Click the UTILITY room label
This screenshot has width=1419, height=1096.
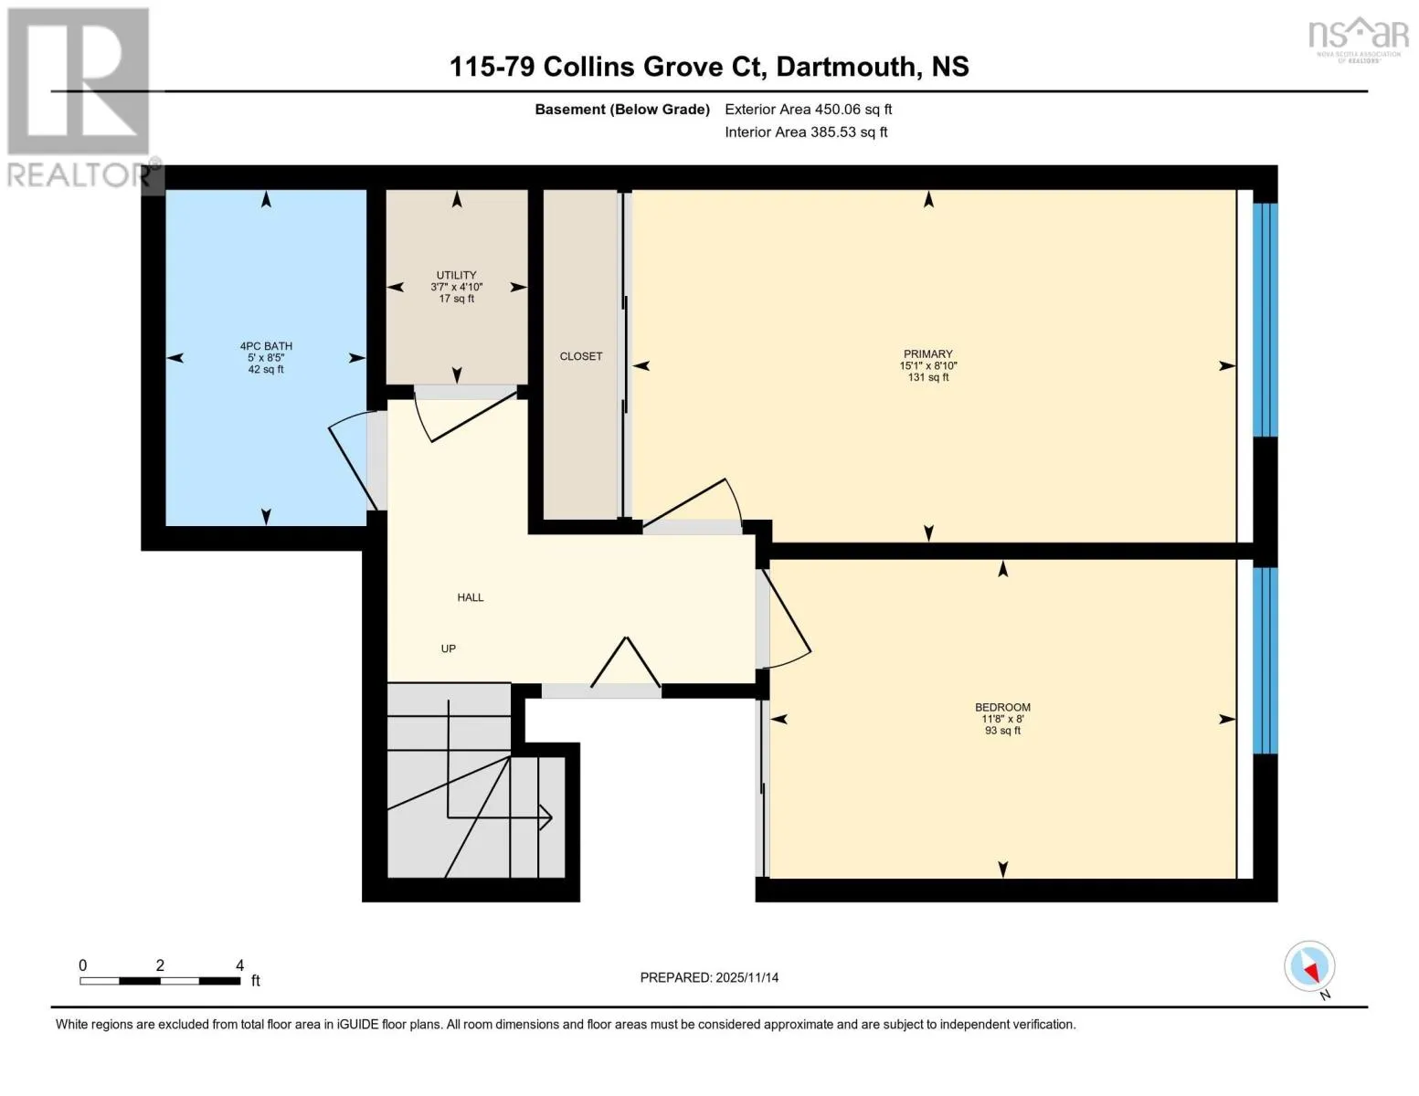(x=456, y=275)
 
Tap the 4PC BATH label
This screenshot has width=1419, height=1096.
(x=266, y=346)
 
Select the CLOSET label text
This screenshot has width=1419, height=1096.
(x=580, y=356)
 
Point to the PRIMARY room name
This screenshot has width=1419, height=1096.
(x=927, y=353)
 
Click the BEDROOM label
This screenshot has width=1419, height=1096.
(x=1002, y=707)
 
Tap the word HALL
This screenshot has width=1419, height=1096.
(x=471, y=597)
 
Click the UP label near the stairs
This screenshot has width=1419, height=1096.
(x=448, y=648)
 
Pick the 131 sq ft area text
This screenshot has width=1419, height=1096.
(x=927, y=377)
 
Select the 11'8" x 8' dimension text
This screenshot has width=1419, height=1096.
(x=1002, y=719)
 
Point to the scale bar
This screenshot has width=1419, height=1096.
(x=160, y=980)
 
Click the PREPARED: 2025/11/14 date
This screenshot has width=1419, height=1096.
(x=709, y=977)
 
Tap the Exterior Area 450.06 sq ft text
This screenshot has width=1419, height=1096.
(x=808, y=109)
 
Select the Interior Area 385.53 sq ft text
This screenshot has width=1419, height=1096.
(x=806, y=132)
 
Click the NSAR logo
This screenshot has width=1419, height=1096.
(x=1358, y=40)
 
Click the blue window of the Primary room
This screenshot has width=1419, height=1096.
(x=1265, y=319)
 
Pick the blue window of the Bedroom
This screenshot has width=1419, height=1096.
(x=1265, y=660)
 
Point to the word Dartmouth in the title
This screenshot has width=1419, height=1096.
(x=846, y=67)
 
